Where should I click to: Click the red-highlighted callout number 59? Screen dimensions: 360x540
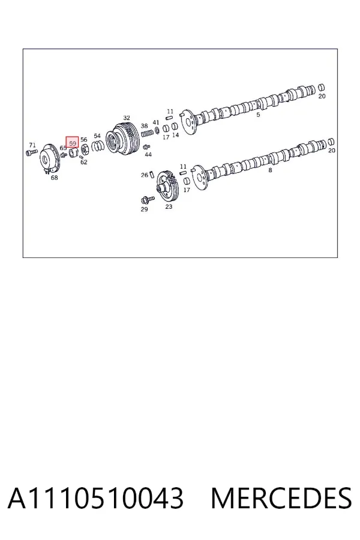(x=73, y=143)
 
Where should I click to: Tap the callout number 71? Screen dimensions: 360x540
(x=32, y=145)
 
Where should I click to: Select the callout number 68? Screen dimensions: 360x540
(x=54, y=178)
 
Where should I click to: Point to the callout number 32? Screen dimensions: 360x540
(x=127, y=118)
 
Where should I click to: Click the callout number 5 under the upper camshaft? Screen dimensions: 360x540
(x=258, y=115)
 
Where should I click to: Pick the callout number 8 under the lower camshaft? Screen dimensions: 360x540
(x=270, y=170)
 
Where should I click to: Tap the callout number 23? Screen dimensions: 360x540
(x=169, y=206)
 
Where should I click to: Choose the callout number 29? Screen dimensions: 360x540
(x=144, y=209)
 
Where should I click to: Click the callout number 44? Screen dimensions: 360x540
(x=148, y=155)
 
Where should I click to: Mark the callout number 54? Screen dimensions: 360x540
(x=97, y=136)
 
